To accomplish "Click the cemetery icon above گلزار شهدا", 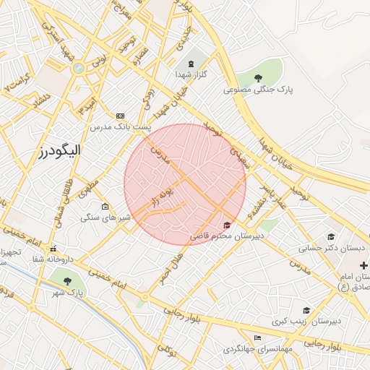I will (191, 63).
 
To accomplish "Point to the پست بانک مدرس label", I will (121, 126).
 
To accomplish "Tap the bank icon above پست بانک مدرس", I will (120, 116).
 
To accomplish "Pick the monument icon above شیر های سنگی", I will (105, 207).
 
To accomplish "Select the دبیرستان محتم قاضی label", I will (227, 236).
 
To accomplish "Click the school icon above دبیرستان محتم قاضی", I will (228, 225).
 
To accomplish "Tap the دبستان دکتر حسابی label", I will (333, 247).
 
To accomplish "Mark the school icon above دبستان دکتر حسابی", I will (331, 236).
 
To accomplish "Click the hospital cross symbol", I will (363, 266).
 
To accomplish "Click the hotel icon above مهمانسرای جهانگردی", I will (258, 338).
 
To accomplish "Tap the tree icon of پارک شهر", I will (67, 281).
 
